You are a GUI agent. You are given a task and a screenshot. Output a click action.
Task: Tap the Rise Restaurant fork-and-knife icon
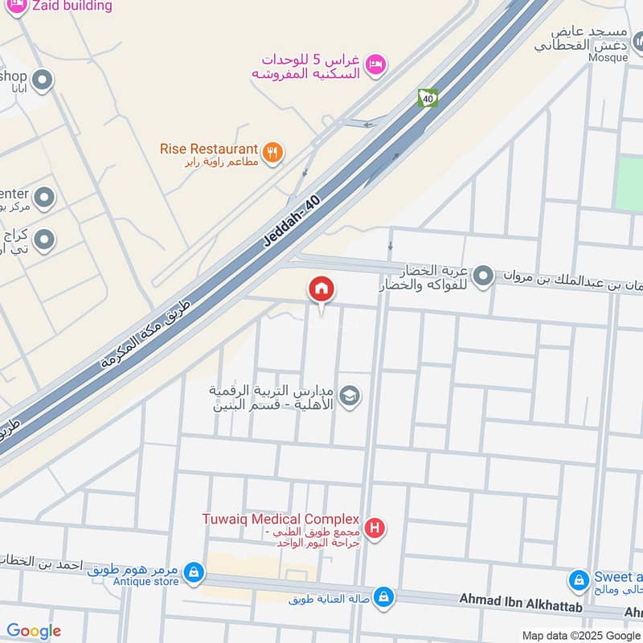pos(273,150)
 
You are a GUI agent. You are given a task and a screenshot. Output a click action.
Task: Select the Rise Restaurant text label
pos(209,149)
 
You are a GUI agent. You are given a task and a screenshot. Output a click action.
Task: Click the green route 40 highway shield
pos(427,98)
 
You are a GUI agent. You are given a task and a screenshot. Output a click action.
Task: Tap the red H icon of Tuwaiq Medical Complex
pos(374,528)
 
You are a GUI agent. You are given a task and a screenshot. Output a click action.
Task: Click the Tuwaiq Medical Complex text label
pos(280,518)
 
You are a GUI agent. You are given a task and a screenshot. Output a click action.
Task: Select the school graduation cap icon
pos(350,395)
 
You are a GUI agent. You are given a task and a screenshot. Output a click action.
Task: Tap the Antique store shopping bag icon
pos(193,571)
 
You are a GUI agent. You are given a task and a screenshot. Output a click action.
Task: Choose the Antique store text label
pos(145,581)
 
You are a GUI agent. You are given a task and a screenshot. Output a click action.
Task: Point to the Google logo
pos(34,631)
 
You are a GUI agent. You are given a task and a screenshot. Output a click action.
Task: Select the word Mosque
pos(607,57)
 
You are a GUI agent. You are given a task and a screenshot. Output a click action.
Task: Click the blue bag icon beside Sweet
pos(578,579)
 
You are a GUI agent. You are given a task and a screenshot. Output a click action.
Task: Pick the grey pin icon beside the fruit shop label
pos(483,276)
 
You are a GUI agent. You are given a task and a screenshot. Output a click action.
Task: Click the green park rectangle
pos(629,184)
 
